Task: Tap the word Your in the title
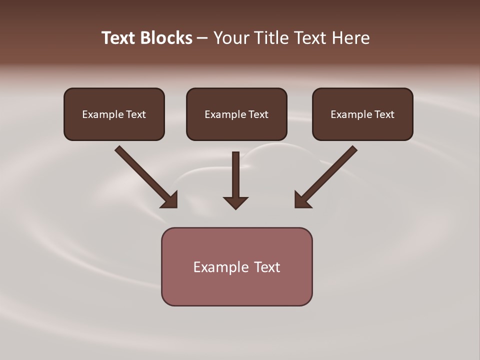coord(231,38)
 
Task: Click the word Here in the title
coord(349,38)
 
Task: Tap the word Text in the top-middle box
coord(258,114)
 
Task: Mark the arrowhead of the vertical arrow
coord(235,202)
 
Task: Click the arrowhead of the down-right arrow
coord(170,200)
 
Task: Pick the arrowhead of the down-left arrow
coord(302,200)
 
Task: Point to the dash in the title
coord(202,38)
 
